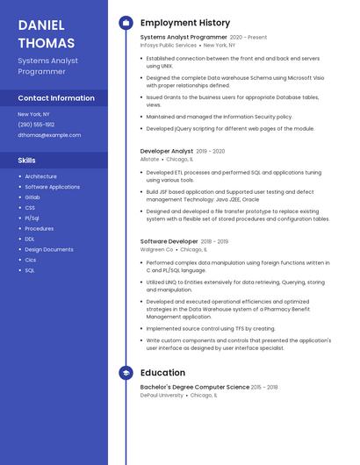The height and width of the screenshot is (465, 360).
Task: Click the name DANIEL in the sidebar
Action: [41, 25]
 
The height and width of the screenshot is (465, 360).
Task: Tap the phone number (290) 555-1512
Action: [36, 125]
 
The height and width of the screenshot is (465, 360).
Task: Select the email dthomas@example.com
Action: [49, 135]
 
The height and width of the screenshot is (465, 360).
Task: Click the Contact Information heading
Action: [56, 98]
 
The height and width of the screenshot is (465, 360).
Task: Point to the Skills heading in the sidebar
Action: [27, 161]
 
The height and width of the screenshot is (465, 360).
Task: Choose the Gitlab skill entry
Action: [32, 197]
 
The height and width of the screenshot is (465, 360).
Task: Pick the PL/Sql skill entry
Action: [32, 218]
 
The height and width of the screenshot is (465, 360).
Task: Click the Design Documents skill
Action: [49, 249]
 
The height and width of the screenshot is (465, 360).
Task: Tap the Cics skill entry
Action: [31, 260]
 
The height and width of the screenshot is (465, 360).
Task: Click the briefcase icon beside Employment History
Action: [126, 23]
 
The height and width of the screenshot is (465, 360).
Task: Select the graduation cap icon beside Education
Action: [126, 373]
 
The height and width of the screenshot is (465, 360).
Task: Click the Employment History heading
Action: [185, 23]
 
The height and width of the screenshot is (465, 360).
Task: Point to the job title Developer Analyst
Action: [167, 151]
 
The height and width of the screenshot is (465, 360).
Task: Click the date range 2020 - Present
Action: [248, 38]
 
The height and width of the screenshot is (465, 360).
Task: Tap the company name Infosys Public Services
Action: [169, 45]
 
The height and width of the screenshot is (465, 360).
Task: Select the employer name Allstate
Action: [150, 159]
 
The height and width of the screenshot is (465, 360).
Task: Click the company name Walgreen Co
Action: [157, 249]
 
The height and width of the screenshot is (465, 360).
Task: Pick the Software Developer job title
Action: [169, 241]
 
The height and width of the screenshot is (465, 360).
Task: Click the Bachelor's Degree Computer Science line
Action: [195, 387]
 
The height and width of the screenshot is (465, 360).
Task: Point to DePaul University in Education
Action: [162, 395]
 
